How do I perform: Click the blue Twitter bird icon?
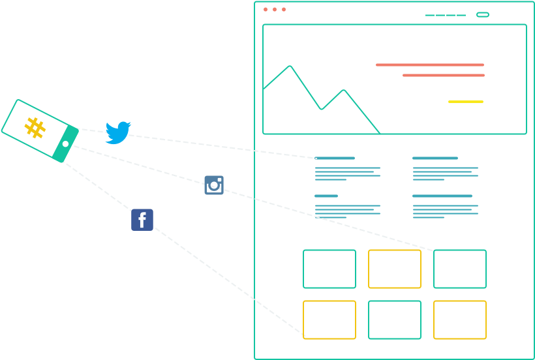[x=118, y=132]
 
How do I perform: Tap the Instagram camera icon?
[x=214, y=185]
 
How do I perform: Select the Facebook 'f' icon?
[x=142, y=220]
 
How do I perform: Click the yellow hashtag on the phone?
[x=35, y=127]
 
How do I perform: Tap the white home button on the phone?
[x=65, y=143]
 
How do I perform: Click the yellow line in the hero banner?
[x=466, y=102]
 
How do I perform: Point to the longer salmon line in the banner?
[x=430, y=65]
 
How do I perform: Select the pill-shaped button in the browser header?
[x=483, y=14]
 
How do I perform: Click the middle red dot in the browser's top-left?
[x=275, y=10]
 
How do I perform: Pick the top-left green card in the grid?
[x=329, y=269]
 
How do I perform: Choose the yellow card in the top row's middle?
[x=395, y=269]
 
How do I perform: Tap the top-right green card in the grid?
[x=460, y=269]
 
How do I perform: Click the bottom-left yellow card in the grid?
[x=329, y=320]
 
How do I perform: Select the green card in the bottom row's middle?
[x=395, y=320]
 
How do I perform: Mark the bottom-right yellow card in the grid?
[x=460, y=320]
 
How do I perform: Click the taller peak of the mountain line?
[x=290, y=66]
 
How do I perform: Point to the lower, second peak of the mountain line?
[x=344, y=90]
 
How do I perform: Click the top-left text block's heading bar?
[x=335, y=158]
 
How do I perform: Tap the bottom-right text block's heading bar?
[x=442, y=196]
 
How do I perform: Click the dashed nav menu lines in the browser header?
[x=446, y=15]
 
